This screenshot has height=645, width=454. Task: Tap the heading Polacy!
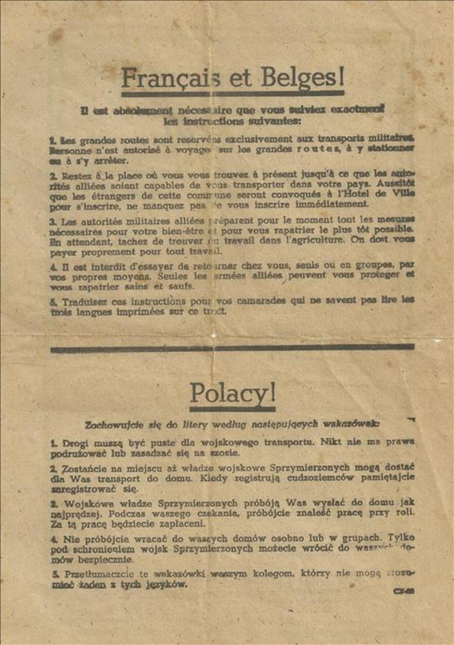tap(232, 393)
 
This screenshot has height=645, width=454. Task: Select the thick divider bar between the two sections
tap(232, 348)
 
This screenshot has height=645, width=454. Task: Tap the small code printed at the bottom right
tap(404, 590)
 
